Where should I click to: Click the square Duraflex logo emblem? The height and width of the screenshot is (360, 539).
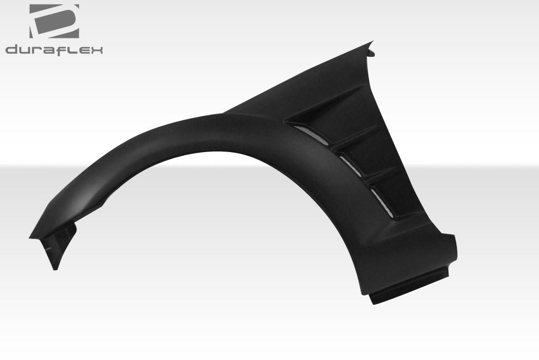pyautogui.click(x=54, y=21)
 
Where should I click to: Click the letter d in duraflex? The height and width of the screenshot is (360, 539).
pyautogui.click(x=12, y=50)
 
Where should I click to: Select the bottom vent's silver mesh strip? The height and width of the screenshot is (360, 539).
pyautogui.click(x=381, y=203)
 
